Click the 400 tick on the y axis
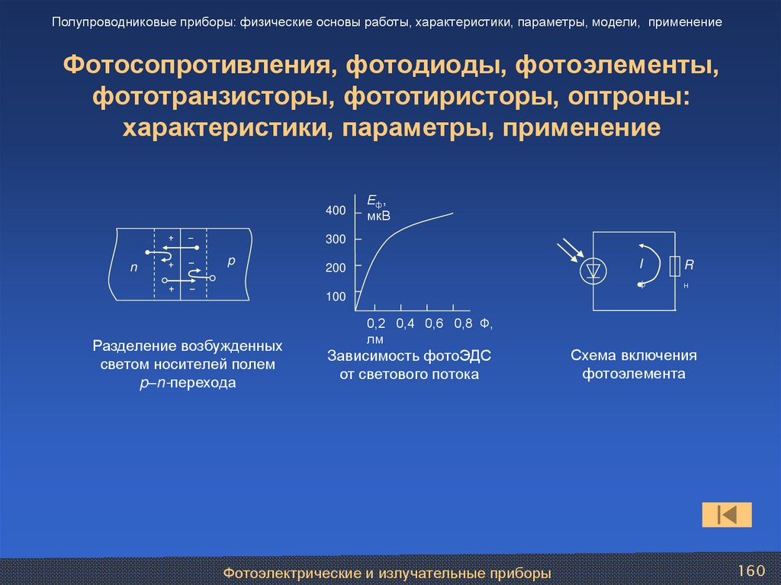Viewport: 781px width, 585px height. [x=336, y=211]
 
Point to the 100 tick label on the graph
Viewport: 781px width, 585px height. [x=336, y=297]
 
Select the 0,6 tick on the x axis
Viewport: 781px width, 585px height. [x=434, y=323]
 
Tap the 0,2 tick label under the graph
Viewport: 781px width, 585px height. [x=377, y=323]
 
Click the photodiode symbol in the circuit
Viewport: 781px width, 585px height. [x=594, y=271]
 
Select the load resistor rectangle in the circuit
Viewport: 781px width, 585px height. [x=674, y=266]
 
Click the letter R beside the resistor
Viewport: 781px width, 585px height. [x=689, y=265]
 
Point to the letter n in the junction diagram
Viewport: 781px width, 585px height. [x=134, y=268]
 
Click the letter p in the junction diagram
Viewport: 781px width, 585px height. [x=232, y=261]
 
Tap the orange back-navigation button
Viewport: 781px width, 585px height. [x=727, y=515]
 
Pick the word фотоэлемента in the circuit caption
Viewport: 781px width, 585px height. [x=635, y=374]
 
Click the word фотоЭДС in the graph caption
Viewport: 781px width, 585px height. [x=456, y=355]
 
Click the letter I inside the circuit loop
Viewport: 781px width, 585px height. [x=641, y=265]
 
